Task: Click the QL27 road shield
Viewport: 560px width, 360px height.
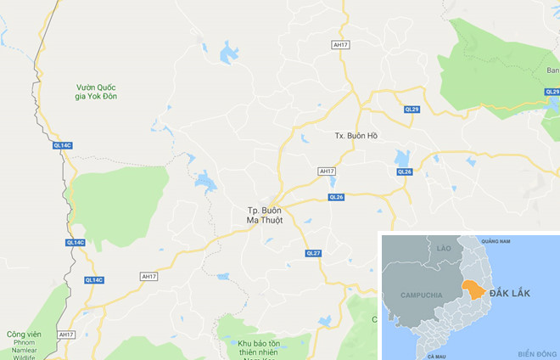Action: (x=312, y=253)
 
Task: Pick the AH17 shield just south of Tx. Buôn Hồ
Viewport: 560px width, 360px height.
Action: (x=327, y=171)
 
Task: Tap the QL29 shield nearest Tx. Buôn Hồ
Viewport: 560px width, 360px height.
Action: (x=412, y=110)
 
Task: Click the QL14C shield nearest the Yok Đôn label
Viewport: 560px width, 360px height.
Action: (x=63, y=146)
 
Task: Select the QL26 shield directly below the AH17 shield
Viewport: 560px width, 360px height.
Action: (x=337, y=197)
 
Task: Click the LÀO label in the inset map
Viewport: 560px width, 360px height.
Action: (x=442, y=247)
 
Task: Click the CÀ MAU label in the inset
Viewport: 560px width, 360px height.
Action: (x=437, y=356)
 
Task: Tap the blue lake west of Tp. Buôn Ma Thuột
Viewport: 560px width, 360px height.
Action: (x=205, y=180)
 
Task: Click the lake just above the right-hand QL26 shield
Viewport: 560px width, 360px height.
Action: (x=401, y=157)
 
